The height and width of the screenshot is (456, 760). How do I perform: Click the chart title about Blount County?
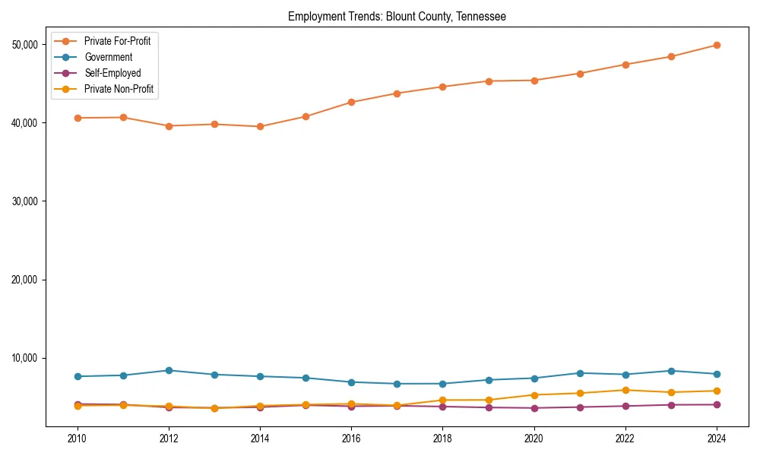pyautogui.click(x=397, y=16)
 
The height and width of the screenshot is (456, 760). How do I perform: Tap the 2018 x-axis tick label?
pyautogui.click(x=442, y=438)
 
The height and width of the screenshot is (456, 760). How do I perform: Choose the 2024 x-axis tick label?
pyautogui.click(x=717, y=438)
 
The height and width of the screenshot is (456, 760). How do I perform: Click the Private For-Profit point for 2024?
pyautogui.click(x=717, y=45)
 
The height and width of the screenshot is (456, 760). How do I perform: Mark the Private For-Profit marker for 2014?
pyautogui.click(x=260, y=127)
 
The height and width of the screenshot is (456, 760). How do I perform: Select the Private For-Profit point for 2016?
pyautogui.click(x=351, y=102)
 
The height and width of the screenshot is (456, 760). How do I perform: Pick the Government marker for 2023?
pyautogui.click(x=671, y=371)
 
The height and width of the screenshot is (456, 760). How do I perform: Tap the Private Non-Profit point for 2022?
pyautogui.click(x=625, y=390)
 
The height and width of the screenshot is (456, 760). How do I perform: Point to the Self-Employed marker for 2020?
pyautogui.click(x=534, y=408)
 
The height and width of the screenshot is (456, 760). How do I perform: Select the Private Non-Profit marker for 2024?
pyautogui.click(x=717, y=391)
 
